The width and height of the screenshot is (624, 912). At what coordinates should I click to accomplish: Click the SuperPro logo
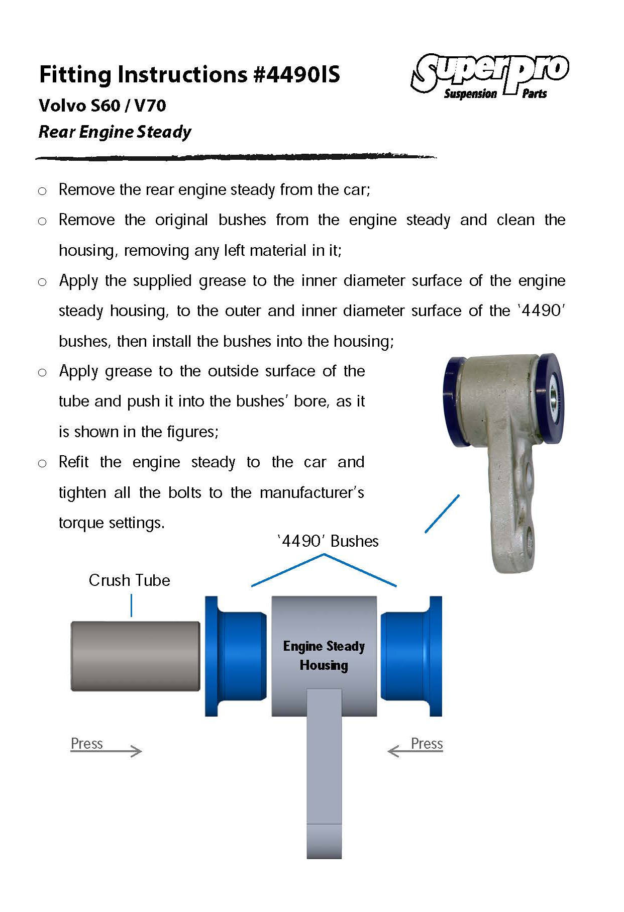coord(490,75)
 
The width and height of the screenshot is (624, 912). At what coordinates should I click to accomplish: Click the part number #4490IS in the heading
coord(297,74)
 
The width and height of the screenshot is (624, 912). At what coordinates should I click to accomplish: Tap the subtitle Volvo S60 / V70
coord(102,106)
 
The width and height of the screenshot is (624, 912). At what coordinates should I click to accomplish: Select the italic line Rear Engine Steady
coord(115,132)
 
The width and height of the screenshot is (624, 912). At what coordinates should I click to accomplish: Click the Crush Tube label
coord(129,580)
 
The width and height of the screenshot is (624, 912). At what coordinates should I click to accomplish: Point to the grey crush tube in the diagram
coord(136,656)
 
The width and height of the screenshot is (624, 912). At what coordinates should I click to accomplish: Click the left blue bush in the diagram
coord(236,656)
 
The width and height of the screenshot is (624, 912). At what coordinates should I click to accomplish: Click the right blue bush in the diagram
coord(411,656)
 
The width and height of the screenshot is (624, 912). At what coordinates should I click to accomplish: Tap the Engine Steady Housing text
coord(324,656)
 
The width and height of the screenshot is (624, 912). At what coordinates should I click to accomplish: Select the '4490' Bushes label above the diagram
coord(328,541)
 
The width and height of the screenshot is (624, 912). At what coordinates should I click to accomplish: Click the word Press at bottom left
coord(86,743)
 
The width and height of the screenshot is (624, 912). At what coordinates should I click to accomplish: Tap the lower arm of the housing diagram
coord(324,774)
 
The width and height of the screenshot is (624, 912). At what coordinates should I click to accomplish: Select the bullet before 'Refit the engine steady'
coord(42,463)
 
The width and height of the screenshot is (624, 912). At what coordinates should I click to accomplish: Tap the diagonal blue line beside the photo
coord(442,514)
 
